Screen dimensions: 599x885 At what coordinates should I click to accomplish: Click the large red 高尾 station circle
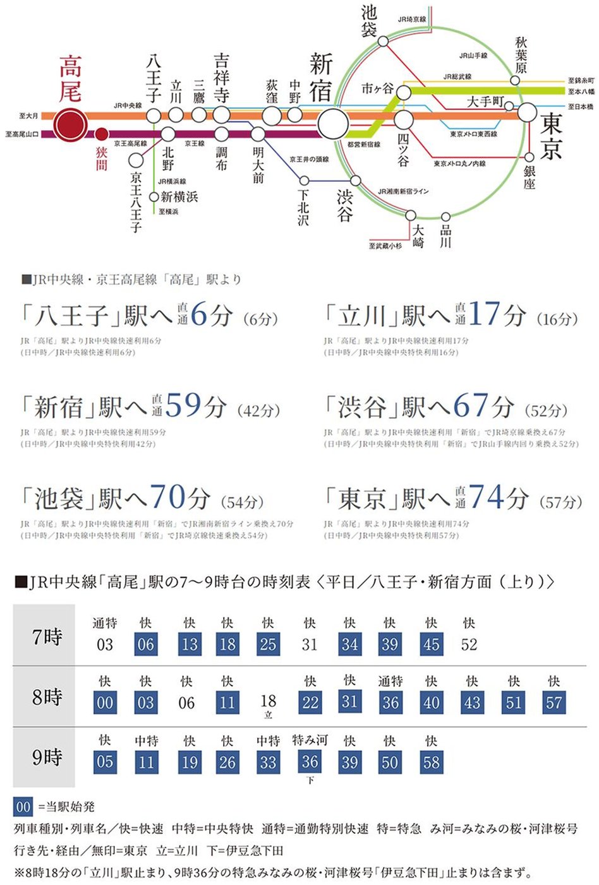click(70, 124)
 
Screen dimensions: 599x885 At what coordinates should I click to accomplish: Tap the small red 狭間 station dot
click(101, 134)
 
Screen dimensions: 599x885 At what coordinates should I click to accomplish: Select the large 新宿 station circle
click(332, 123)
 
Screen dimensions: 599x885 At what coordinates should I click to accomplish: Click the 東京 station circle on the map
click(527, 113)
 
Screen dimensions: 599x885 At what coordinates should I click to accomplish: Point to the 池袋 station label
click(369, 20)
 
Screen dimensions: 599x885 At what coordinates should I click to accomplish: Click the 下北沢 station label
click(303, 206)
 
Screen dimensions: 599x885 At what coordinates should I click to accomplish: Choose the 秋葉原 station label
click(521, 55)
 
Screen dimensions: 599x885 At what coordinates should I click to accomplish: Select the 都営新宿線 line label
click(364, 145)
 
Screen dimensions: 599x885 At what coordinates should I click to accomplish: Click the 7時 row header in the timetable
click(47, 636)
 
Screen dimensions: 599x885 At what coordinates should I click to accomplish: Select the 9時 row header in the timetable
click(47, 756)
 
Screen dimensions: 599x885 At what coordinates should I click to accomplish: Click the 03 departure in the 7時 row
click(105, 644)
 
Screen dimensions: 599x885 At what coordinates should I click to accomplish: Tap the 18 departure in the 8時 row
click(268, 701)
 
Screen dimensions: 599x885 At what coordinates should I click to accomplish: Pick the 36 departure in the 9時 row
click(310, 762)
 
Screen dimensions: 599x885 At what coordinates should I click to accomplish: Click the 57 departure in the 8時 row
click(554, 703)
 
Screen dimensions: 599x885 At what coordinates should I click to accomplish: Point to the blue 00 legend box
click(23, 807)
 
